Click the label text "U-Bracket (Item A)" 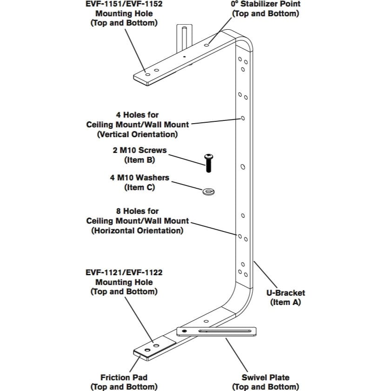(285, 298)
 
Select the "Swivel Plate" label (265, 378)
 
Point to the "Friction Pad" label (124, 378)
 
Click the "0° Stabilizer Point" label (266, 4)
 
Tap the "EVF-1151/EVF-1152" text (124, 4)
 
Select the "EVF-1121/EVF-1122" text (124, 272)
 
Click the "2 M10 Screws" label (139, 150)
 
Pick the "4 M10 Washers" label (139, 178)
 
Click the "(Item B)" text (139, 160)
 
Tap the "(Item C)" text (139, 187)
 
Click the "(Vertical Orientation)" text (137, 134)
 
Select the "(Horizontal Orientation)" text (137, 231)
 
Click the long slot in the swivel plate (223, 331)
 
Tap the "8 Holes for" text (137, 211)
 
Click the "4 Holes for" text (137, 114)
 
